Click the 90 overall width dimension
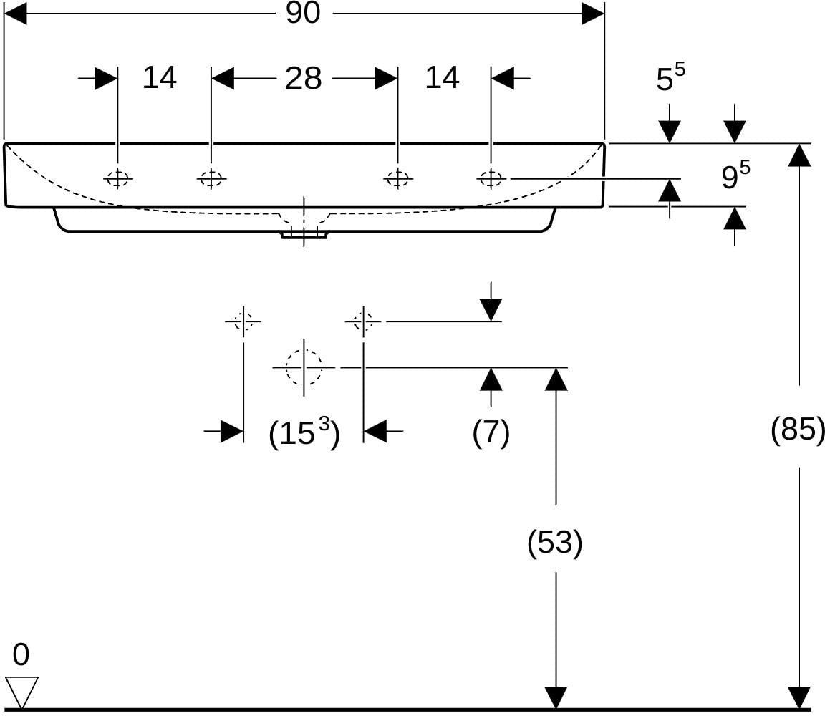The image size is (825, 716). click(303, 13)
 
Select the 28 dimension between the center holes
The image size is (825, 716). click(304, 78)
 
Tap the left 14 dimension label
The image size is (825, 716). click(160, 77)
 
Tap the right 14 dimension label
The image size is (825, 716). click(442, 77)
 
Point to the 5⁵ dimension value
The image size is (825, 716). click(671, 77)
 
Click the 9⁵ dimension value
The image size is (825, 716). click(735, 175)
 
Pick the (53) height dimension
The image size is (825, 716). click(555, 542)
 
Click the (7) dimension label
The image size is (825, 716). click(491, 432)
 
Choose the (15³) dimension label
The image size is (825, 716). click(304, 432)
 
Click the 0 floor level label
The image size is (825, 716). click(21, 654)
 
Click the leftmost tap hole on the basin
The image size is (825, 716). click(117, 179)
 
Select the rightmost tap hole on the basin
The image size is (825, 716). click(491, 179)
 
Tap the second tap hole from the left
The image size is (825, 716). click(211, 179)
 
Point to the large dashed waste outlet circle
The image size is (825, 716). click(304, 367)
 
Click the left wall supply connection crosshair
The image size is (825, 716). click(243, 320)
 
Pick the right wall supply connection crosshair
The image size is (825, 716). click(363, 320)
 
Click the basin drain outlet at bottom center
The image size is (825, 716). click(304, 233)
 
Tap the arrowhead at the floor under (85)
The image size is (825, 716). click(799, 698)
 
